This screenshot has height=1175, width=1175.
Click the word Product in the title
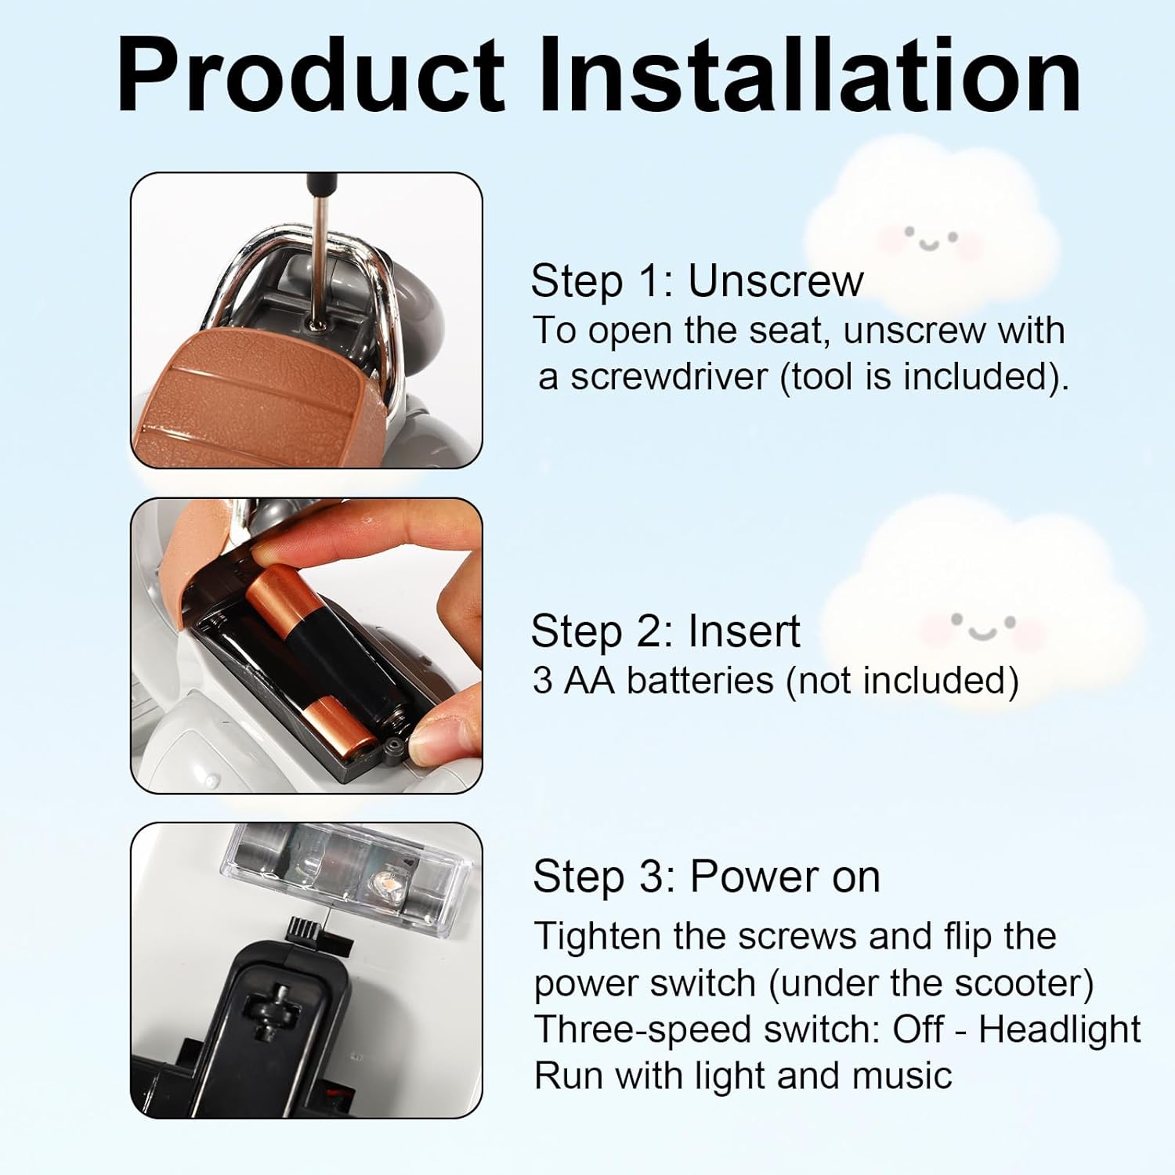[x=311, y=76]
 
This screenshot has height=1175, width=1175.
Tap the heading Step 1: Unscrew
[x=697, y=280]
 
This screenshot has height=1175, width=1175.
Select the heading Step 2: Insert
[x=666, y=631]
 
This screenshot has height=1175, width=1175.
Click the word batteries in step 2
[x=700, y=680]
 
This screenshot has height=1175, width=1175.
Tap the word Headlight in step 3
[x=1060, y=1029]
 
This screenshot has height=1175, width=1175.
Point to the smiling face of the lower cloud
[x=982, y=627]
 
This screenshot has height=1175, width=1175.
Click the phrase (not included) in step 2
[x=902, y=680]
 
